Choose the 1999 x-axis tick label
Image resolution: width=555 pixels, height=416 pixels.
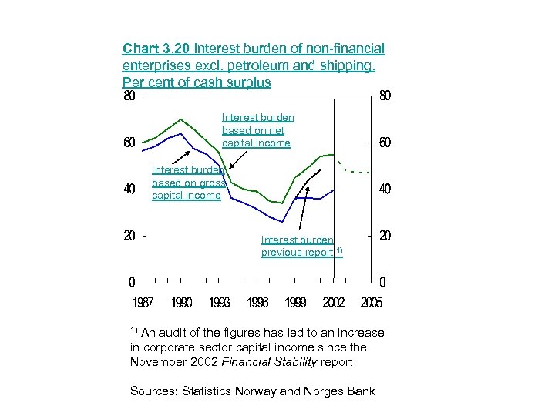(295, 303)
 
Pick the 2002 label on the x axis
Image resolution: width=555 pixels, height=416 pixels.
(333, 303)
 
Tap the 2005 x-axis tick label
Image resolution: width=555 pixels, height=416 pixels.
(372, 303)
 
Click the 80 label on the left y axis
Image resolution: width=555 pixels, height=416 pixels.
(130, 97)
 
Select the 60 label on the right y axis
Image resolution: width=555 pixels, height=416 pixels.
(385, 143)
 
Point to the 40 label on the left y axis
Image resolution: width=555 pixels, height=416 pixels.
(130, 189)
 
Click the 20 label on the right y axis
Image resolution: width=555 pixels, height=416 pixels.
(385, 235)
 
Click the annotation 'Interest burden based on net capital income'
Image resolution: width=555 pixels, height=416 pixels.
(257, 130)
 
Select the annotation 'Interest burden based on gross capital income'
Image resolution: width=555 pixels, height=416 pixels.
(188, 183)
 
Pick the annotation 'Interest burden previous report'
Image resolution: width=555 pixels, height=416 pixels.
(299, 246)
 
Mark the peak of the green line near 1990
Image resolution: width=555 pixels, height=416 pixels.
(181, 119)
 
